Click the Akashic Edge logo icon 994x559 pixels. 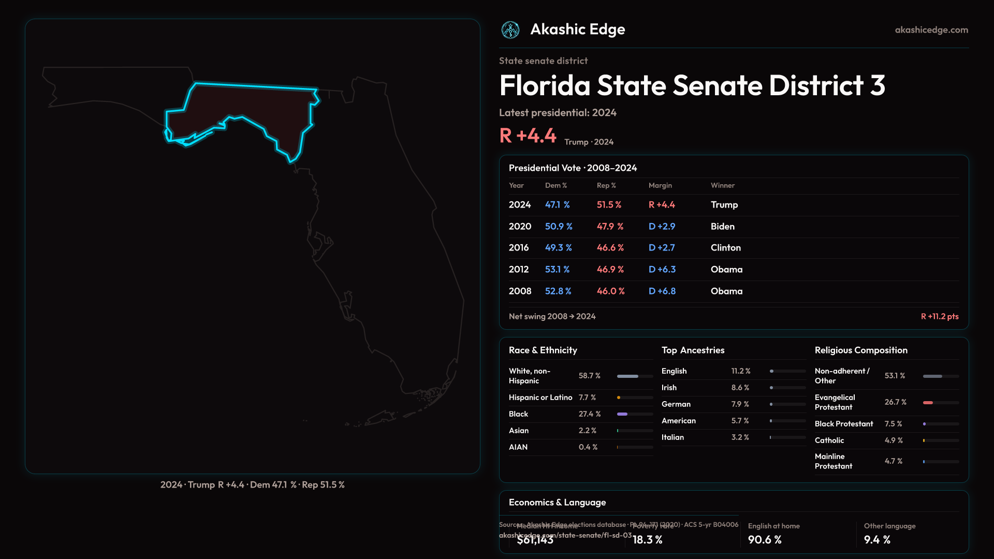coord(510,30)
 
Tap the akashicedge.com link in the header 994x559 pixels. coord(931,30)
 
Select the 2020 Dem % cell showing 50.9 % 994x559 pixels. coord(559,227)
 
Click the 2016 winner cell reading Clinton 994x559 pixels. coord(725,248)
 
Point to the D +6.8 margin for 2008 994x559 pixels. coord(662,291)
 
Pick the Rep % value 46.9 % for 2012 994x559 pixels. coord(610,270)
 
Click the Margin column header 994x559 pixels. coord(660,185)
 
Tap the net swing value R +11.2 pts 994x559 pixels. coord(939,317)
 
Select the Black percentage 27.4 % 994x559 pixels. coord(589,414)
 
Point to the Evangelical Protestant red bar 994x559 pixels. coord(928,403)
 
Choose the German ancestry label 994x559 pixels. coord(676,404)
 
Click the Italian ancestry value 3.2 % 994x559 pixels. coord(740,437)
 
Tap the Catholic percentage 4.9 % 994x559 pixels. coord(893,440)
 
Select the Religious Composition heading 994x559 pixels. coord(860,350)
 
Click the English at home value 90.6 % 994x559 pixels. coord(764,540)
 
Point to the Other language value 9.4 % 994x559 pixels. coord(876,540)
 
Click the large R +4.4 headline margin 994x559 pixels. coord(528,136)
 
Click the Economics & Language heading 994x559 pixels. coord(557,503)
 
